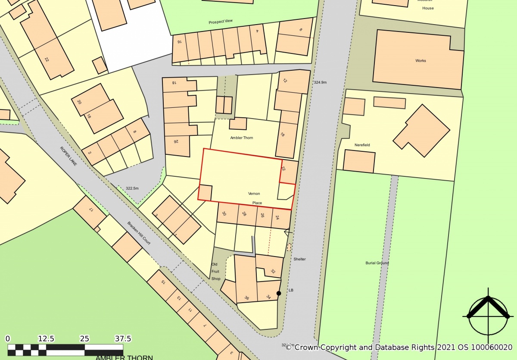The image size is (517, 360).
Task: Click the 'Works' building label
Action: click(x=420, y=61)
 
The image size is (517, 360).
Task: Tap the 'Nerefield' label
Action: click(x=363, y=145)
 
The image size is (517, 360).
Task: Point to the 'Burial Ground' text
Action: click(x=377, y=263)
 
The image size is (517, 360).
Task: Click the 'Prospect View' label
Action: click(x=221, y=22)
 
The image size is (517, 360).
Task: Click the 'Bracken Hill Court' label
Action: click(x=139, y=234)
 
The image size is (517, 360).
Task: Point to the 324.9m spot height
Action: click(x=321, y=82)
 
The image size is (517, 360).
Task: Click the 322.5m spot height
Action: click(x=132, y=188)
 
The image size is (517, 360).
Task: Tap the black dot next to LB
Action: click(x=279, y=293)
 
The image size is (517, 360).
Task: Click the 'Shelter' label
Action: click(x=299, y=259)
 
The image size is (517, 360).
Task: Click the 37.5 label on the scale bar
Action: click(x=123, y=338)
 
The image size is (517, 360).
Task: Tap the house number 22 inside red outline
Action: click(x=283, y=169)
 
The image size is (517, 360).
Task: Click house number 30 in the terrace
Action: click(x=224, y=213)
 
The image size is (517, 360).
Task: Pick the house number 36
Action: click(x=246, y=298)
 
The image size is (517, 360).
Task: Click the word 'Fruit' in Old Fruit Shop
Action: click(x=216, y=272)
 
